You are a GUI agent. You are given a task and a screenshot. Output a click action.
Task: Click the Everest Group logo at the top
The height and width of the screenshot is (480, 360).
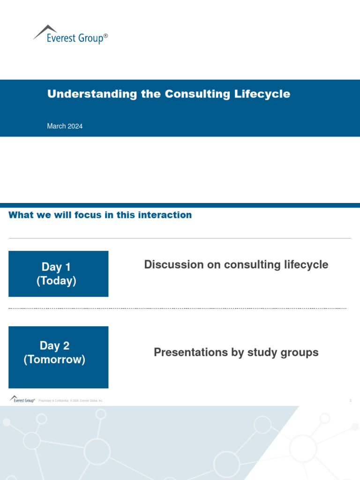[70, 35]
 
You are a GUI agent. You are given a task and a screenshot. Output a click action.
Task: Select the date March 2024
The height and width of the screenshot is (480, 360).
[65, 126]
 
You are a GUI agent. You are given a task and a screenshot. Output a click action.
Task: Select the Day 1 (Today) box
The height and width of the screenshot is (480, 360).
[58, 274]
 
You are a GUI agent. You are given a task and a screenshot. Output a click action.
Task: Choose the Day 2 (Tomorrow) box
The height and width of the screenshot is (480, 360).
[58, 357]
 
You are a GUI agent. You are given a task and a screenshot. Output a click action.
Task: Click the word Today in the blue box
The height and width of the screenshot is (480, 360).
[56, 281]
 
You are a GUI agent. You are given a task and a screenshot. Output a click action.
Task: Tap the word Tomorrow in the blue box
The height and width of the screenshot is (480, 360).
[54, 360]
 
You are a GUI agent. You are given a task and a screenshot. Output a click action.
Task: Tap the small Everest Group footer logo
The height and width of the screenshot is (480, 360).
[22, 400]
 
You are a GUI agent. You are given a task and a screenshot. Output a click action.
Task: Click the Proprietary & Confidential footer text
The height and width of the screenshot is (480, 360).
[70, 401]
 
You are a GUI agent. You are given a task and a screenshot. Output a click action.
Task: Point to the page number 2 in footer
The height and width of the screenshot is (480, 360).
[350, 401]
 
